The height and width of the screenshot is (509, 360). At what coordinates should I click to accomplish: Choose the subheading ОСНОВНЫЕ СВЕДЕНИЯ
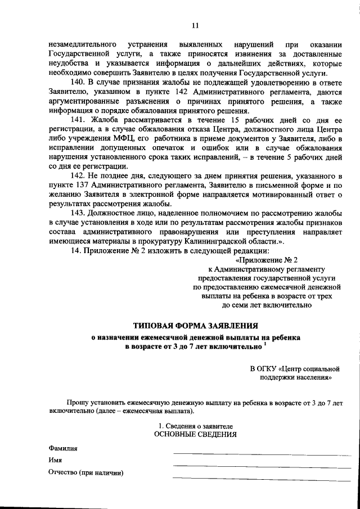195,435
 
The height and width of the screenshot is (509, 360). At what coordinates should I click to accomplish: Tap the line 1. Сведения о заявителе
195,426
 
